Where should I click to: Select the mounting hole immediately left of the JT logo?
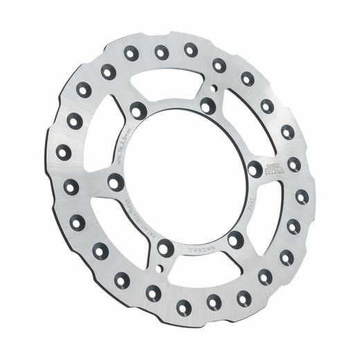coord(255,169)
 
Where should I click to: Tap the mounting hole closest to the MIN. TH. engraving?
coord(138,109)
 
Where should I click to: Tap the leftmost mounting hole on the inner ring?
coord(116,182)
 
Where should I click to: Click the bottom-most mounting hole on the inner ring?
coord(165,247)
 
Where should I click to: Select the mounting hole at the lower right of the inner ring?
coord(235,240)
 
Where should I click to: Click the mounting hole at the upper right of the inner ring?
coord(208,106)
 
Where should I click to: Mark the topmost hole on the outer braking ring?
coord(161,52)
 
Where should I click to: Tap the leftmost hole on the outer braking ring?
coord(64,152)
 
